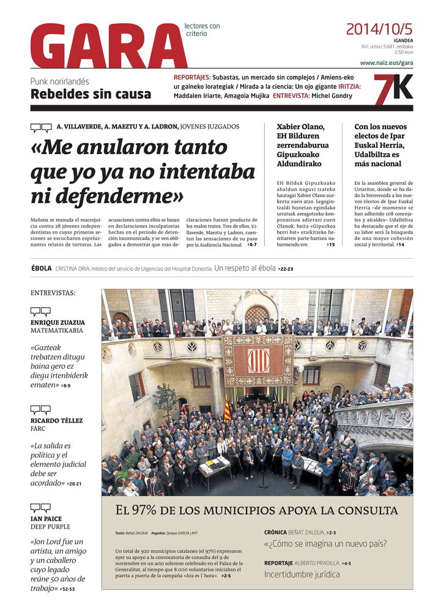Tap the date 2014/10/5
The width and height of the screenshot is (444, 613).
[379, 29]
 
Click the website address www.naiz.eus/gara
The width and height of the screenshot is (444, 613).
[387, 62]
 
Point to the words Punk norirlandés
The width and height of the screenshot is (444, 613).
[60, 81]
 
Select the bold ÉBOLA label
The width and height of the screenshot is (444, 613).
[41, 268]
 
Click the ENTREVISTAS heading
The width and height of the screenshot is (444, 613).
[53, 293]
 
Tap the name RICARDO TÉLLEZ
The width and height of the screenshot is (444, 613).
[56, 420]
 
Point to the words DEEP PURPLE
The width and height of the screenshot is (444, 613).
[50, 527]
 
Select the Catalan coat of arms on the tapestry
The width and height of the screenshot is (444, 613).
[257, 360]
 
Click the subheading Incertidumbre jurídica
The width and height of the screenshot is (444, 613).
[302, 574]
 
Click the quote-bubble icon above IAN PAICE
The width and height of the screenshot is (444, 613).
[40, 507]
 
